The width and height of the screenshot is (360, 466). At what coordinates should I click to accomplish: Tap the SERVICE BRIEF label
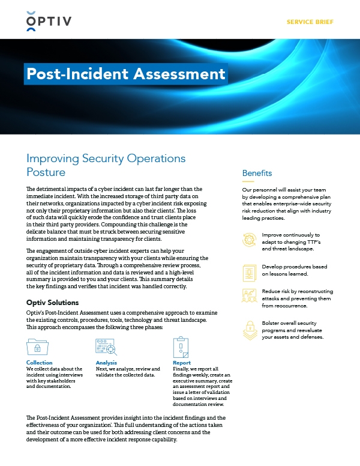click(x=310, y=22)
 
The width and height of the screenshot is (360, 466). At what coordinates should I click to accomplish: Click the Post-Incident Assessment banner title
click(x=126, y=74)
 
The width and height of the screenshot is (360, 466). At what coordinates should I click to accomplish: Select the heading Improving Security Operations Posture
click(x=106, y=165)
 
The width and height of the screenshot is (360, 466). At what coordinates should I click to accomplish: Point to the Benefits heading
click(x=257, y=173)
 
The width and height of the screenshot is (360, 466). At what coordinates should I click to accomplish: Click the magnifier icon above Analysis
click(x=107, y=347)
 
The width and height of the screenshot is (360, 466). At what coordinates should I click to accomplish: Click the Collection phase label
click(x=40, y=363)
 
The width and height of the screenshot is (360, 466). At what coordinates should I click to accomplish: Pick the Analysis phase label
click(x=107, y=363)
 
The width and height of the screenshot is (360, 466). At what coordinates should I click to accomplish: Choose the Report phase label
click(x=181, y=363)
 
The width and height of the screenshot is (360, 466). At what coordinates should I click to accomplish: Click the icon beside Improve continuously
click(x=248, y=240)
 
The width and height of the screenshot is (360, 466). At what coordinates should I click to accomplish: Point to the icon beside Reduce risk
click(x=248, y=297)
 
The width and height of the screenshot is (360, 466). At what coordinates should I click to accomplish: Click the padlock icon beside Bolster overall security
click(x=248, y=328)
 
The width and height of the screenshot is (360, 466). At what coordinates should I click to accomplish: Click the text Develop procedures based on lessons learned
click(x=293, y=270)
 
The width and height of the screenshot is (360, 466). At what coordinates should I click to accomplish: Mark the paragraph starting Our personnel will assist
click(x=287, y=204)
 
